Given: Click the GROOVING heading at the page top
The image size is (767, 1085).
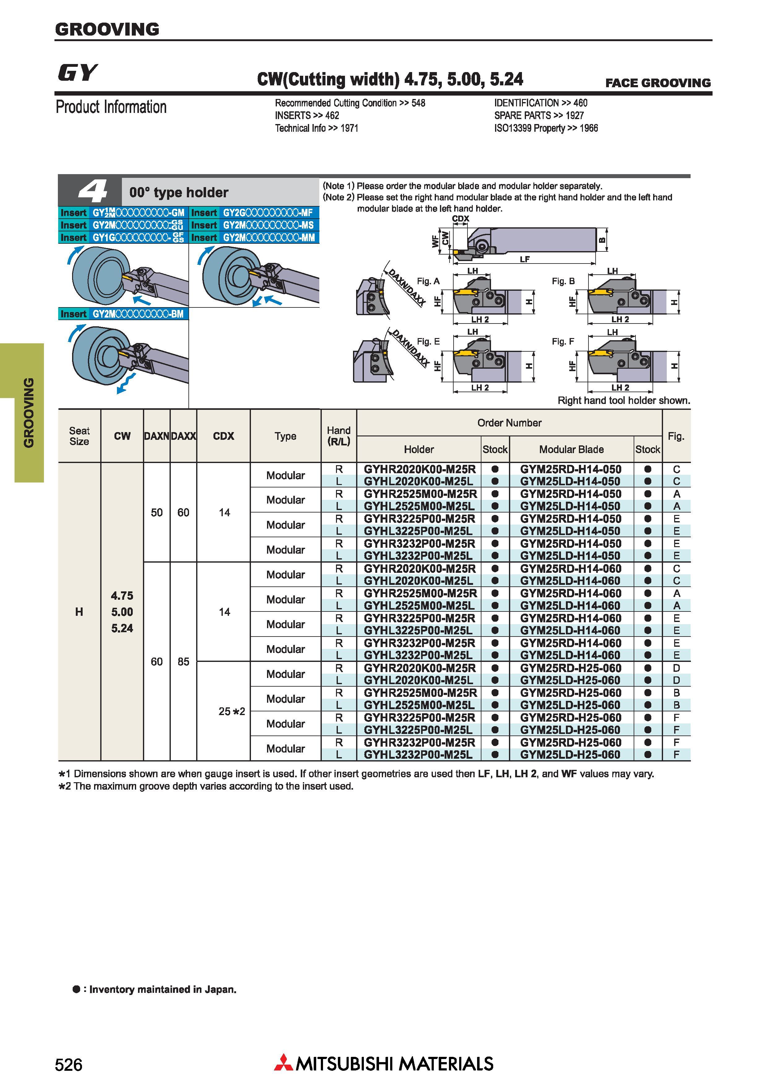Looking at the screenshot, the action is [107, 29].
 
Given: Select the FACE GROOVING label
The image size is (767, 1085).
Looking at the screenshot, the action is [658, 83].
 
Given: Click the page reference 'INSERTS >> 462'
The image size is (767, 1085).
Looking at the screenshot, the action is [307, 115].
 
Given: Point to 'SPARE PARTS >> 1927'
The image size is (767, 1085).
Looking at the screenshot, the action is [539, 115].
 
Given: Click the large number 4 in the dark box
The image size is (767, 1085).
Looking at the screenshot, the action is [93, 191].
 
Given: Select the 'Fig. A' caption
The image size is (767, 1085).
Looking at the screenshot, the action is [428, 281].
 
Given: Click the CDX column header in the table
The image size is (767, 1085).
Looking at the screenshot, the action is [223, 436].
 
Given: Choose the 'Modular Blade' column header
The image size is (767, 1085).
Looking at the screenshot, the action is [571, 449].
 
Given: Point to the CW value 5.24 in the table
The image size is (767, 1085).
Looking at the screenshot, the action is [122, 628].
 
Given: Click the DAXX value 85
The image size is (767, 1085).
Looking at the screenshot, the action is [183, 662].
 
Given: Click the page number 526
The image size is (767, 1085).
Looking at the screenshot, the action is [68, 1065].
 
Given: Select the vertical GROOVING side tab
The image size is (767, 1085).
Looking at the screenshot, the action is [29, 413].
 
